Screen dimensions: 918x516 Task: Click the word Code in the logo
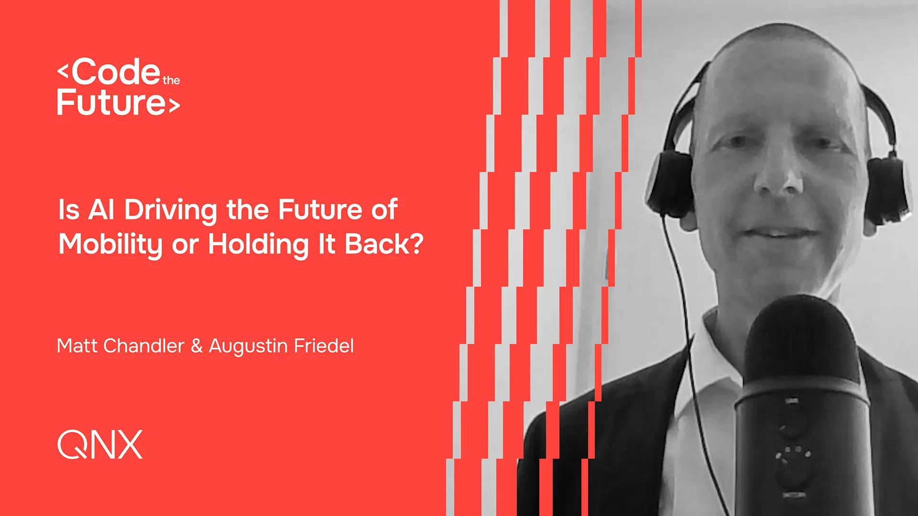tap(117, 72)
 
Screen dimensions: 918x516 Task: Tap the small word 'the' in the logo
tap(171, 80)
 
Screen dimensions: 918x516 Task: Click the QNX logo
tap(100, 444)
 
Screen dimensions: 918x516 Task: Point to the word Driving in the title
tap(171, 210)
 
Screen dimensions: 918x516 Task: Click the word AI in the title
tap(101, 209)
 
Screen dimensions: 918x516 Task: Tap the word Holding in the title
tap(259, 245)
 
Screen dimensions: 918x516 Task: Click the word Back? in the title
tap(384, 244)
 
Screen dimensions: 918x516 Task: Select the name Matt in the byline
tap(77, 345)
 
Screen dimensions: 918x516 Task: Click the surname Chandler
tap(144, 345)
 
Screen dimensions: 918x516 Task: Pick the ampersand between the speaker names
tap(197, 346)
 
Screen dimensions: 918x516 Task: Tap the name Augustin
tap(248, 346)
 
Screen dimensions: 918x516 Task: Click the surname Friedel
tap(324, 345)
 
